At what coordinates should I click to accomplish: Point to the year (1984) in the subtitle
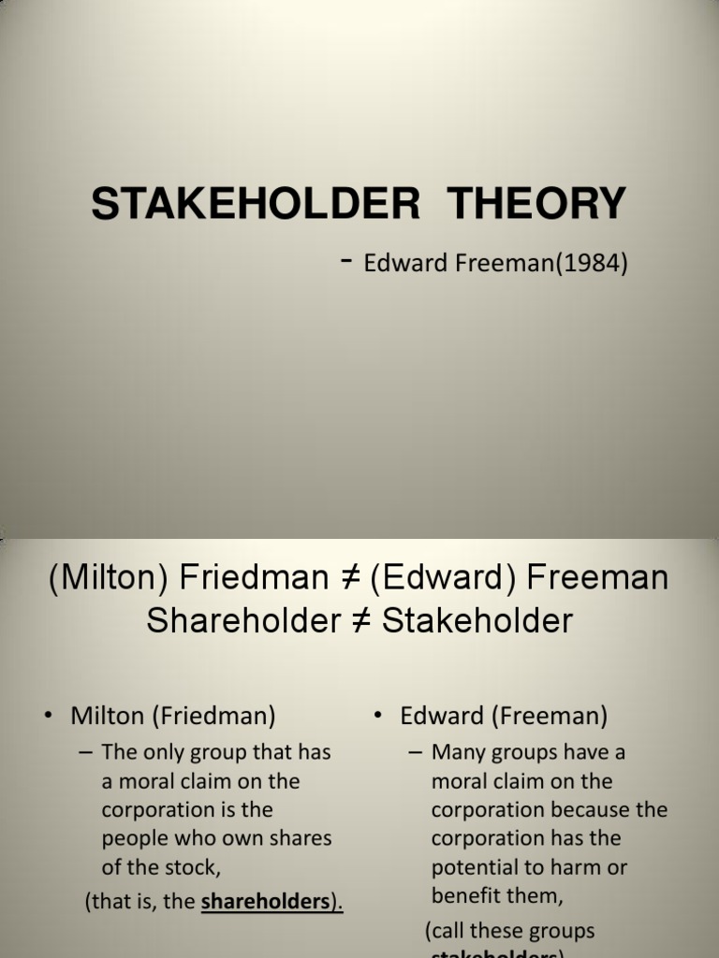594,264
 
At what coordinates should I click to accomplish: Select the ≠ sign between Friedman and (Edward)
352,578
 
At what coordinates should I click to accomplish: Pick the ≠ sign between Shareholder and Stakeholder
362,620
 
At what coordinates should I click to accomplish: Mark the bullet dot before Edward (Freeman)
378,717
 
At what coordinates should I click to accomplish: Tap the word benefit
464,896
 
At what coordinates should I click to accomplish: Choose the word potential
475,867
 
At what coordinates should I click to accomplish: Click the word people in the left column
136,838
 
